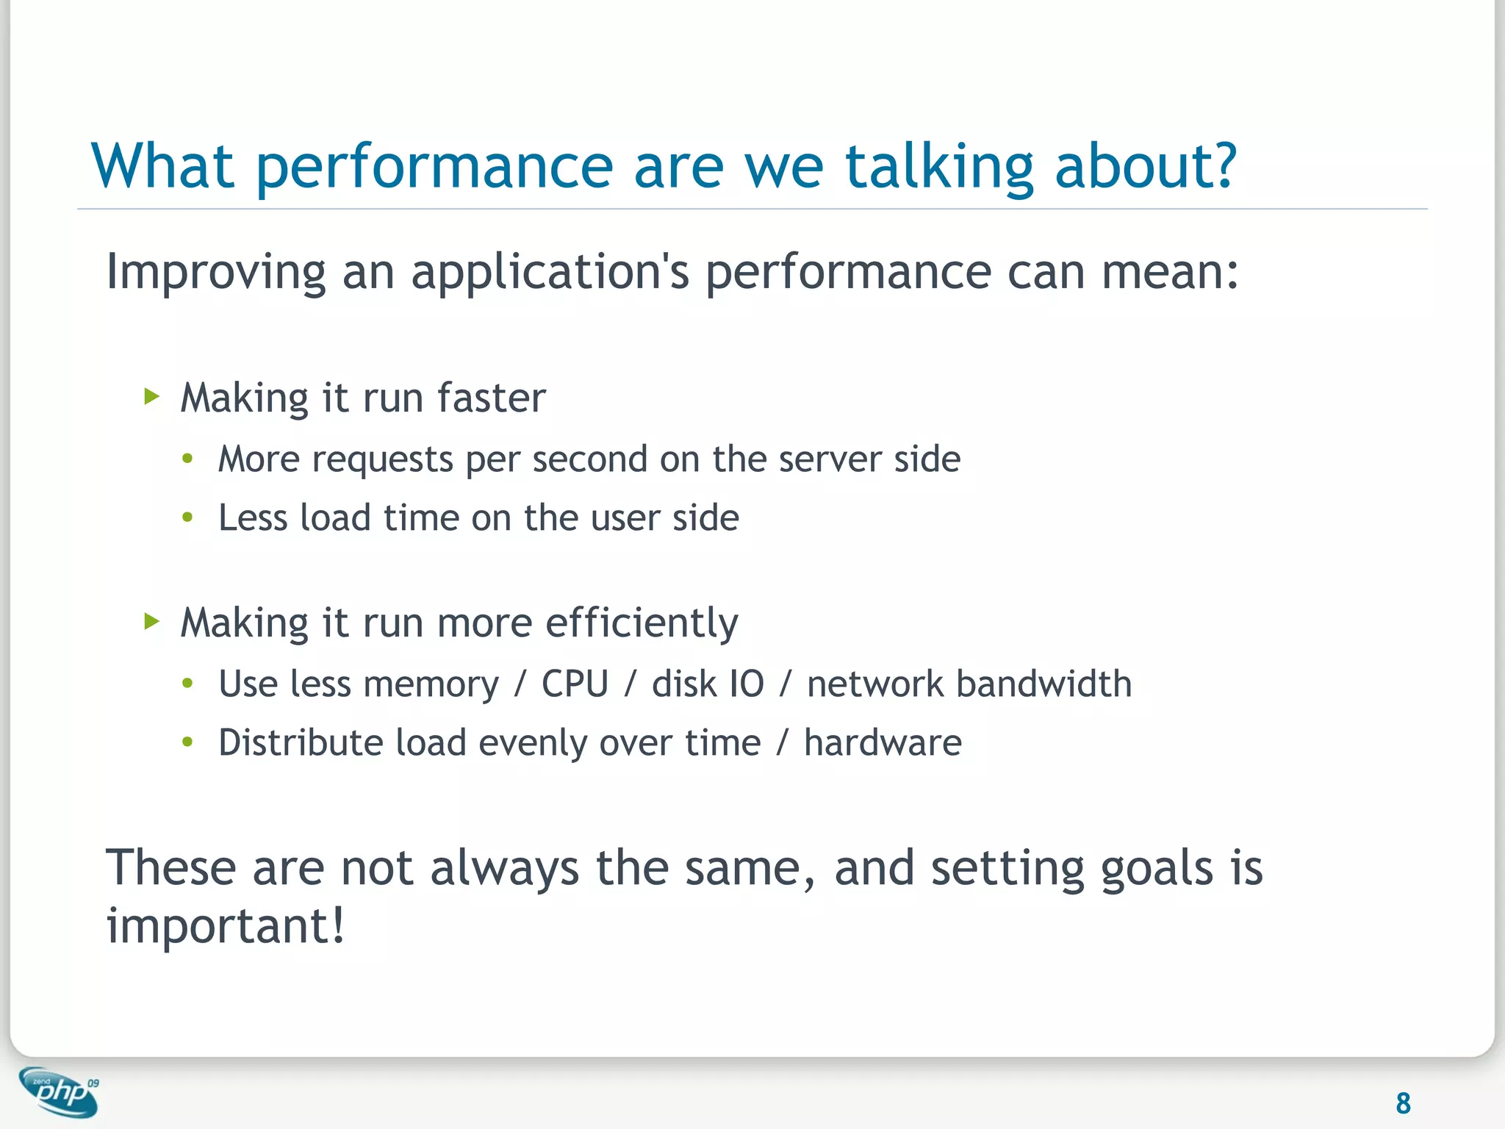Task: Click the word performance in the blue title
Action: (434, 168)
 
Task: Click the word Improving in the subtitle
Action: (215, 272)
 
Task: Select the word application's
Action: (550, 272)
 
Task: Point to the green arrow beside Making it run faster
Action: (151, 398)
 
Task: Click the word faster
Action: (491, 398)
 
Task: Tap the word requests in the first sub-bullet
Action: (382, 460)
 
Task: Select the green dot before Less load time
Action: (187, 518)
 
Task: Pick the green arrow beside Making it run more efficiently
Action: (151, 622)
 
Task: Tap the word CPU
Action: (575, 684)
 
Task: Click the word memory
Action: (431, 684)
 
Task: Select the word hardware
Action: (882, 743)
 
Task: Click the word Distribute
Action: (301, 743)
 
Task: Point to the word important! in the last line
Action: (225, 925)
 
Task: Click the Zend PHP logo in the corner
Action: (59, 1092)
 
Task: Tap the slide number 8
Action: (1402, 1103)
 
